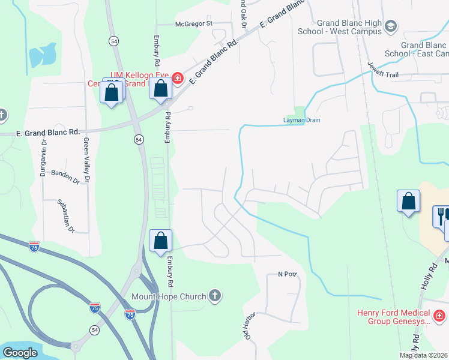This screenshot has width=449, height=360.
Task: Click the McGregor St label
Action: point(193,24)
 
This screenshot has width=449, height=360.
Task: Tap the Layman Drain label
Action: point(302,120)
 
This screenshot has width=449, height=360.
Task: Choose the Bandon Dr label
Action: point(65,176)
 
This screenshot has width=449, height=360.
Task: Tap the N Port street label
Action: point(288,274)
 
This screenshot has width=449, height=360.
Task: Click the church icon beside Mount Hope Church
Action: point(215,296)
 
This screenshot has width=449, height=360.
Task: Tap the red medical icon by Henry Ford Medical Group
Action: point(440,315)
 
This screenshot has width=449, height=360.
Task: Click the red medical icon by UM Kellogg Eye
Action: point(178,77)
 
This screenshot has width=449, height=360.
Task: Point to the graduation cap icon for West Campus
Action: point(391,26)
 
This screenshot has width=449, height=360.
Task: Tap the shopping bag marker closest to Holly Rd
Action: point(408,201)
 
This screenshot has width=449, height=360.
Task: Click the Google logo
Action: point(20,353)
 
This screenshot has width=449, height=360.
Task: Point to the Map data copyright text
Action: point(424,355)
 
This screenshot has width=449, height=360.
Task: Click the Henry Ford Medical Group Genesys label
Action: point(394,317)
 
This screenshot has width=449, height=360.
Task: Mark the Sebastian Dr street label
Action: point(64,215)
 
